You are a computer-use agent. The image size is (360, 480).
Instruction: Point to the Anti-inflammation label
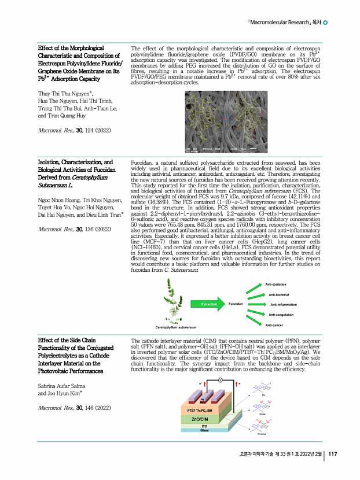tap(284, 304)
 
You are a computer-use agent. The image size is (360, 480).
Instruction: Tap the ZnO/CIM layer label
tap(200, 418)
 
